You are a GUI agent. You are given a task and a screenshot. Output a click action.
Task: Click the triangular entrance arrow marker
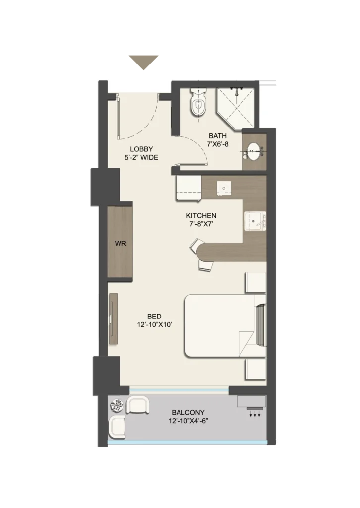[143, 62]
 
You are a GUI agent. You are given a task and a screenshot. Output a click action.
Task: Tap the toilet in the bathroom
[198, 102]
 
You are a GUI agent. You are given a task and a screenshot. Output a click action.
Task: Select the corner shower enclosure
[236, 108]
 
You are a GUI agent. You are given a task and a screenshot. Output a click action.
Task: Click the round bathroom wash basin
[253, 152]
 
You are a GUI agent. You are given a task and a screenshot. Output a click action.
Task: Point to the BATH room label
[218, 136]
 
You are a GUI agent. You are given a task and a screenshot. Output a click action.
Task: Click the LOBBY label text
[141, 149]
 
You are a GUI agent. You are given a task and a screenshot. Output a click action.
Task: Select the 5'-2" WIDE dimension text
[141, 157]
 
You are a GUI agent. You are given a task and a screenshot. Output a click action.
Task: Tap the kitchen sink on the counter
[255, 221]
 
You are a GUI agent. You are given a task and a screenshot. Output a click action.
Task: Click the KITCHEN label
[201, 215]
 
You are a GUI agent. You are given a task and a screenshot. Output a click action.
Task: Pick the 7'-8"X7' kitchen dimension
[201, 224]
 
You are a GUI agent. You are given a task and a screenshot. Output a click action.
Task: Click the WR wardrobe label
[120, 243]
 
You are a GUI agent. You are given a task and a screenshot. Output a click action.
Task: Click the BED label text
[154, 316]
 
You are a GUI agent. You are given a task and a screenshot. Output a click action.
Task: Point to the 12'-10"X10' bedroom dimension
[154, 324]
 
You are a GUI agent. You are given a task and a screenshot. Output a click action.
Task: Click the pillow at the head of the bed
[261, 324]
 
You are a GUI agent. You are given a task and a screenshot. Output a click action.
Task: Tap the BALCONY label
[188, 412]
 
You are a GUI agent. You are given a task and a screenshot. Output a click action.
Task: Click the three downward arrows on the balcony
[255, 414]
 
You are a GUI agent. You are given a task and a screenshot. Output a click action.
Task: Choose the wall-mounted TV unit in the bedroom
[114, 319]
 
